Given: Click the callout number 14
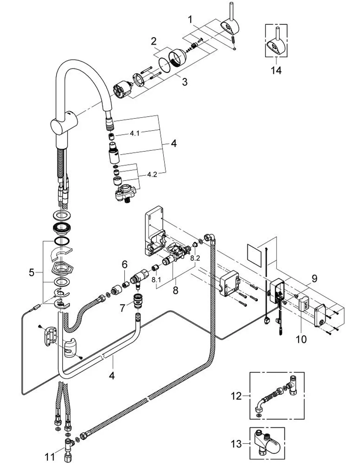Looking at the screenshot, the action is [x=276, y=70].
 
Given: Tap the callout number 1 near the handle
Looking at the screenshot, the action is [x=190, y=20].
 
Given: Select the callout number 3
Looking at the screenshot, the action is [x=185, y=82].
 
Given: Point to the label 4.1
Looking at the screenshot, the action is [x=135, y=133].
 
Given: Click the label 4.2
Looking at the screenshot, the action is [x=152, y=174].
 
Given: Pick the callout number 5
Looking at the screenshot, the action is [x=32, y=272].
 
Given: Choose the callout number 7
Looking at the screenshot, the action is [x=122, y=308].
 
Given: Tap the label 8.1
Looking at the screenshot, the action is [x=156, y=280].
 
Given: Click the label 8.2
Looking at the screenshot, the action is [x=195, y=258].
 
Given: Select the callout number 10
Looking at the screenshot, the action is [x=301, y=339].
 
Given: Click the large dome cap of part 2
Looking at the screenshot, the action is [x=177, y=58].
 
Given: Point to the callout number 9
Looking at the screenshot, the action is [x=315, y=279].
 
